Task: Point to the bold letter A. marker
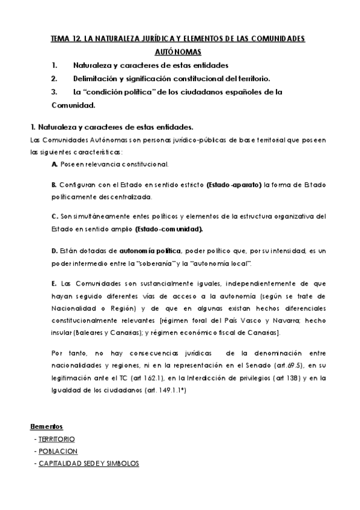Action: click(x=55, y=164)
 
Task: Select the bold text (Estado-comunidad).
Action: click(x=169, y=229)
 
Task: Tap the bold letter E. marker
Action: click(x=55, y=283)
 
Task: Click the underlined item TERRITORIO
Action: click(x=56, y=439)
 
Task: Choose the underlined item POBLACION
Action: click(x=58, y=451)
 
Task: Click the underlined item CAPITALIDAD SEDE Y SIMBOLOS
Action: click(x=88, y=463)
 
